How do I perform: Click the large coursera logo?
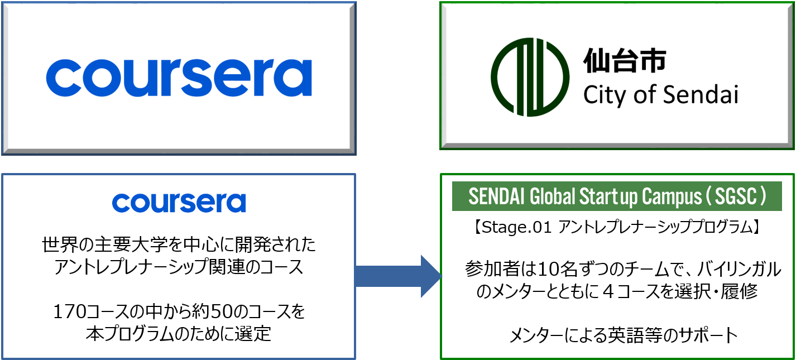pyautogui.click(x=179, y=79)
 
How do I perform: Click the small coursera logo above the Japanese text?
pyautogui.click(x=179, y=202)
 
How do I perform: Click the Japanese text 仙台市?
pyautogui.click(x=624, y=60)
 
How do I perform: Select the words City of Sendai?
pyautogui.click(x=660, y=95)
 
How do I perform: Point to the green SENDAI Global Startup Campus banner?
pyautogui.click(x=616, y=197)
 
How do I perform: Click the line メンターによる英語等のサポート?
pyautogui.click(x=624, y=336)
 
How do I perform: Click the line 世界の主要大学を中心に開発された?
pyautogui.click(x=179, y=244)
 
